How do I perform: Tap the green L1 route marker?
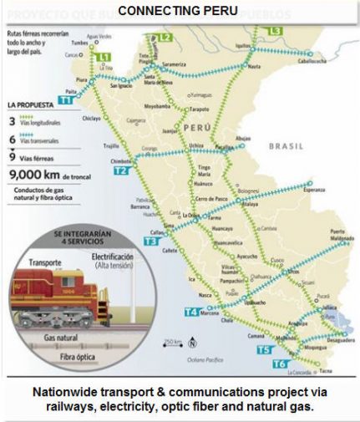pos(104,57)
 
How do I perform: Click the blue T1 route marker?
pos(65,99)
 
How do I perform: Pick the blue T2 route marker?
pos(121,170)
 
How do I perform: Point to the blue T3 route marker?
pos(150,241)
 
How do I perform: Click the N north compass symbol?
pos(193,343)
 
